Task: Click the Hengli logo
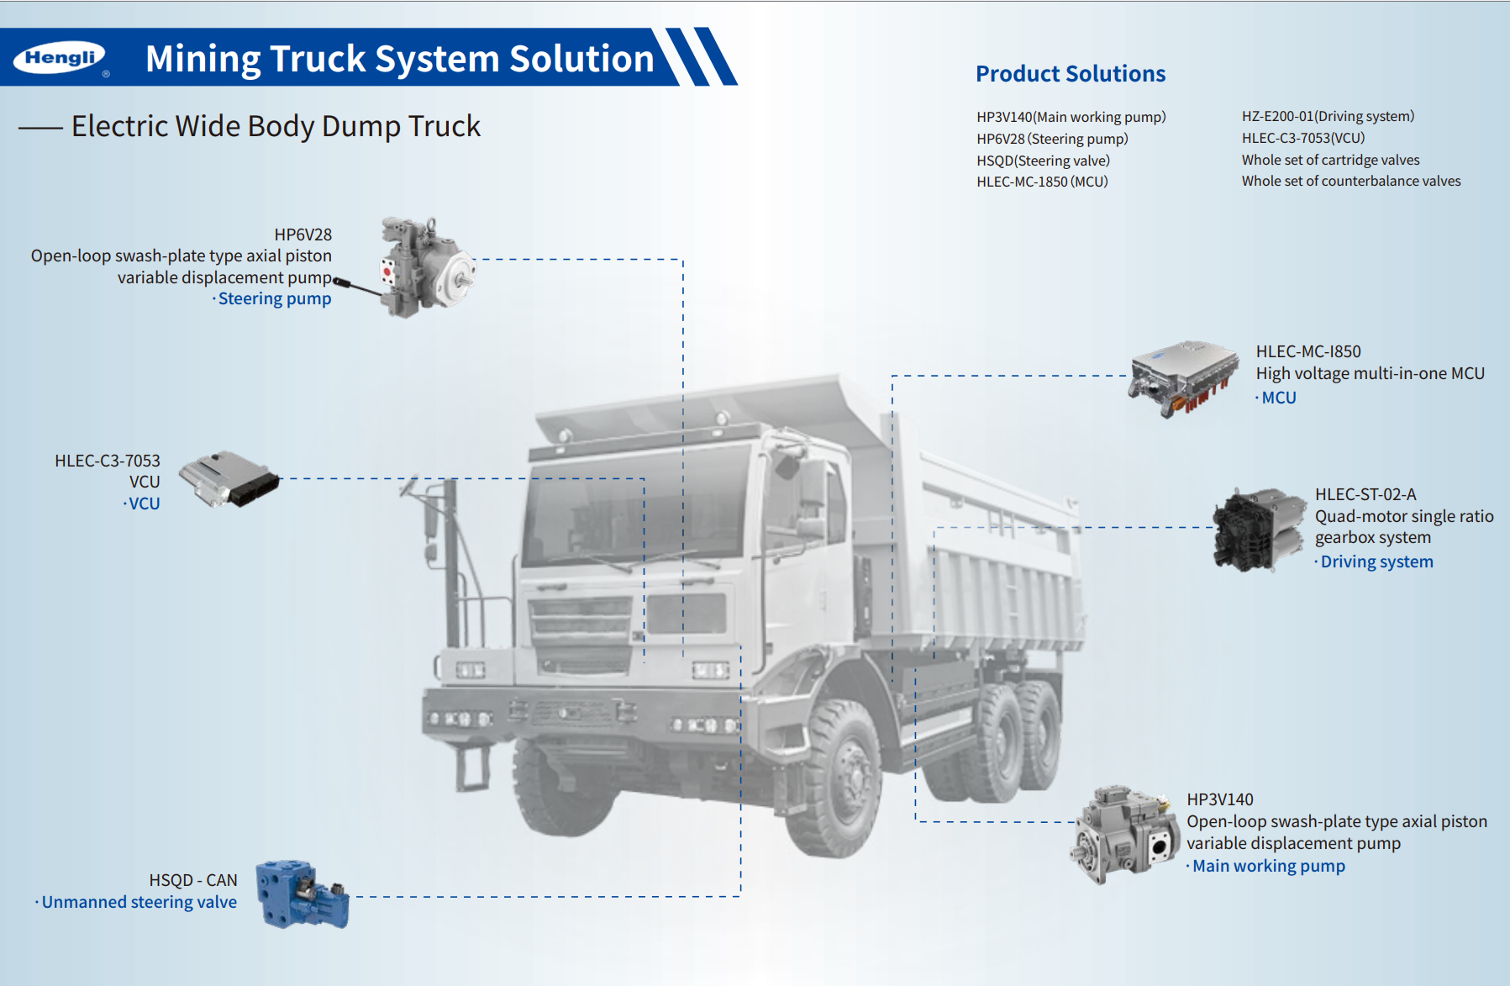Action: (x=60, y=57)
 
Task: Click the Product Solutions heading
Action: (x=1070, y=74)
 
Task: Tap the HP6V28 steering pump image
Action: (x=425, y=266)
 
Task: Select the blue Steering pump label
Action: (x=274, y=299)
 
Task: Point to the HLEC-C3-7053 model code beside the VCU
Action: (x=107, y=461)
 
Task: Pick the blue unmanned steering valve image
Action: (x=302, y=894)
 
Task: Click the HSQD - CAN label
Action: (x=193, y=880)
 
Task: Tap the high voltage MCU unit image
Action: (x=1183, y=377)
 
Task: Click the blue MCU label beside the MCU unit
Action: (x=1278, y=398)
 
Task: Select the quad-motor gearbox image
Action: (x=1257, y=530)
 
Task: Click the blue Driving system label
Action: (x=1376, y=562)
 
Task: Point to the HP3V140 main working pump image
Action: (x=1124, y=835)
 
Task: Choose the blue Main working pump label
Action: (x=1268, y=866)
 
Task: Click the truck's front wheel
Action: (x=840, y=778)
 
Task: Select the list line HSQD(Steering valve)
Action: (x=1043, y=161)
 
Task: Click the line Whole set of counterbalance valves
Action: (x=1350, y=182)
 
